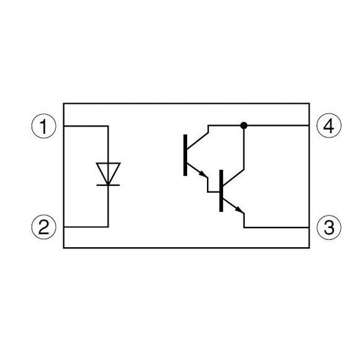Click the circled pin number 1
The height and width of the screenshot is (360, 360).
click(44, 126)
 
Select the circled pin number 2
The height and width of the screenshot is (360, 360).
click(44, 227)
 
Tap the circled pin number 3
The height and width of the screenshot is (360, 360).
click(329, 227)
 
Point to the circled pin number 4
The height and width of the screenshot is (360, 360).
click(329, 125)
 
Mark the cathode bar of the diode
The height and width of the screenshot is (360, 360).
click(108, 185)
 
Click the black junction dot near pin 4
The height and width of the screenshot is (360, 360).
click(244, 125)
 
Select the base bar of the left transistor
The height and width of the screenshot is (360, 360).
click(185, 155)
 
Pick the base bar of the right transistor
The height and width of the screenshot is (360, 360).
click(221, 191)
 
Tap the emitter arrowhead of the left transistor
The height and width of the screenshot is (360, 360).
click(203, 174)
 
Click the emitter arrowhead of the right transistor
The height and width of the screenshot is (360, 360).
click(239, 210)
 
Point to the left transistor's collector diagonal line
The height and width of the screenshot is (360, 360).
click(197, 140)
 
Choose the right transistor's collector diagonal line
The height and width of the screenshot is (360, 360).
click(233, 178)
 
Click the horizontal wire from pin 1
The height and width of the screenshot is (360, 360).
click(86, 126)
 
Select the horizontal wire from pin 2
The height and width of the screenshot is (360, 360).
click(86, 227)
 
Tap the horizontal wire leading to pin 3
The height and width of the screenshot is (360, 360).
click(277, 227)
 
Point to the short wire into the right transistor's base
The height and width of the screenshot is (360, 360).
click(214, 192)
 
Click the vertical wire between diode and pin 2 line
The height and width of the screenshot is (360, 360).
click(108, 206)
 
